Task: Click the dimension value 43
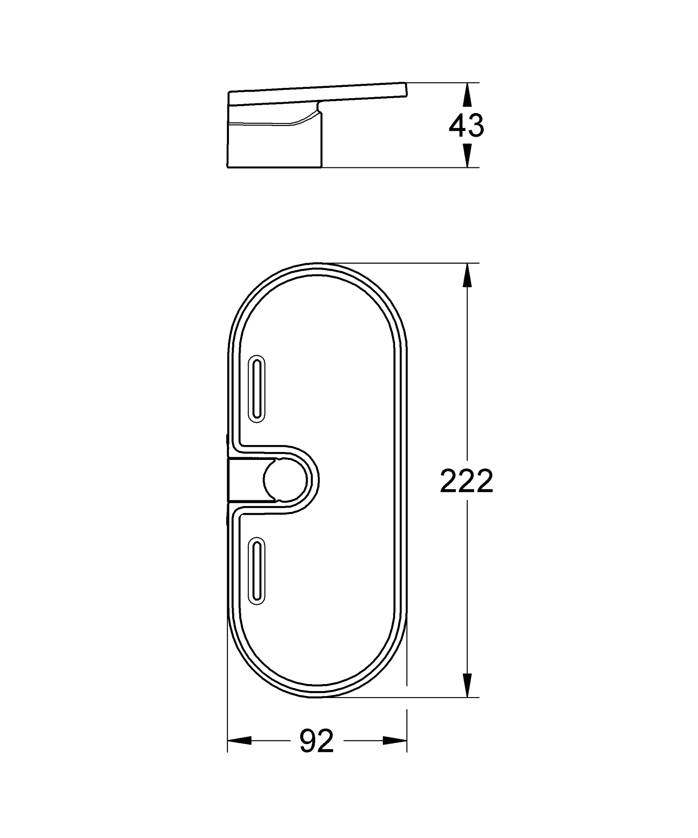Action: (x=466, y=126)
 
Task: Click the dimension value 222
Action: (x=466, y=481)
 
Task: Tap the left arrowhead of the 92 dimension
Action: (x=240, y=741)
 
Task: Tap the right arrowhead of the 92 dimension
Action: (x=395, y=741)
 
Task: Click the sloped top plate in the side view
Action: (x=316, y=95)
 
